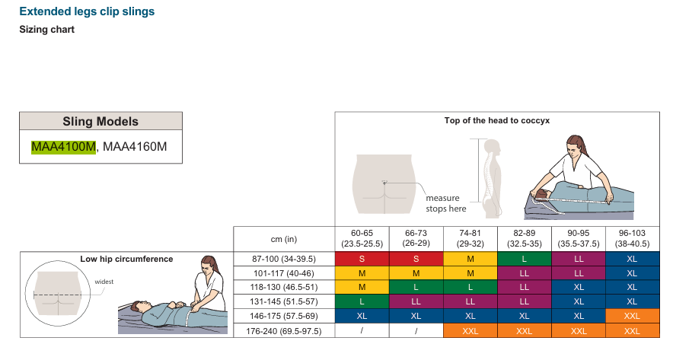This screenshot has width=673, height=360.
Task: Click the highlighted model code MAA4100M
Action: point(63,147)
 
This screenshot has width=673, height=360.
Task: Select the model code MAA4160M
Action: point(135,147)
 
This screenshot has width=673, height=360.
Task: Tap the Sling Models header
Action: point(100,122)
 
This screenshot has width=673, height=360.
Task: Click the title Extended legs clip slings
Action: point(87,11)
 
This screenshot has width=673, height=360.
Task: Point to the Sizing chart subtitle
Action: point(46,30)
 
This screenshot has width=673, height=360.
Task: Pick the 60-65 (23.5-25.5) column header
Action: point(362,238)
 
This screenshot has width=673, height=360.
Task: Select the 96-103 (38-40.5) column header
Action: point(632,238)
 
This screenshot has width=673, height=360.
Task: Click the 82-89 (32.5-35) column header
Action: point(524,238)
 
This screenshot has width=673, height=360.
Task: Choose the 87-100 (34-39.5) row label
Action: point(284,260)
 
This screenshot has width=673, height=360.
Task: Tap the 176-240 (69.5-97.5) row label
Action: point(284,331)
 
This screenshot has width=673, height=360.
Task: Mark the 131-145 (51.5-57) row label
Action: point(284,301)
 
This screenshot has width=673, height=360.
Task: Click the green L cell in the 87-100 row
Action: point(524,259)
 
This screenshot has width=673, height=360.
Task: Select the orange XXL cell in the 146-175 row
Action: point(632,316)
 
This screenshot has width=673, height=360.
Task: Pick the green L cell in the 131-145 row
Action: point(362,301)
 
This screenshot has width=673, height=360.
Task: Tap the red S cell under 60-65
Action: point(362,259)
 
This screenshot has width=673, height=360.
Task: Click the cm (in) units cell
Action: point(284,239)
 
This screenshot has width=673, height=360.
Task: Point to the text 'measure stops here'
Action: point(446,203)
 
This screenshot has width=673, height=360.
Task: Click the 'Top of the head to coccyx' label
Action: point(497,120)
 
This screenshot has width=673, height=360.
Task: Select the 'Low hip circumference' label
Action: point(126,260)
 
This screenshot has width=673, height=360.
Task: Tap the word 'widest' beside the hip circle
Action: point(104,282)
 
